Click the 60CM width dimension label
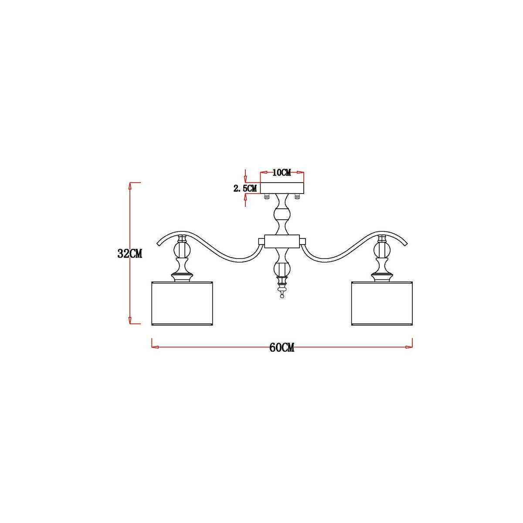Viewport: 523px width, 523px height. (282, 347)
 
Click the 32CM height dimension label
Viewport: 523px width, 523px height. (130, 254)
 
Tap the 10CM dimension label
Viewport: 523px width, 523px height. (282, 172)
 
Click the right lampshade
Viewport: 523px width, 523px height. (382, 303)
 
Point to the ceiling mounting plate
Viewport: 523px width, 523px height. (282, 188)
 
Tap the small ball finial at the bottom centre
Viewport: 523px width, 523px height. (282, 296)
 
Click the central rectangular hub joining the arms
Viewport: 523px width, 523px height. (282, 241)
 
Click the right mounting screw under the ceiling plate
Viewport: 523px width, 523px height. (298, 197)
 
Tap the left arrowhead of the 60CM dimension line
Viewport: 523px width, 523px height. (153, 347)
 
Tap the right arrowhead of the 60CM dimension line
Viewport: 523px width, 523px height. (410, 347)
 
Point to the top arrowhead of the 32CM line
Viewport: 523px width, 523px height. (130, 185)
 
